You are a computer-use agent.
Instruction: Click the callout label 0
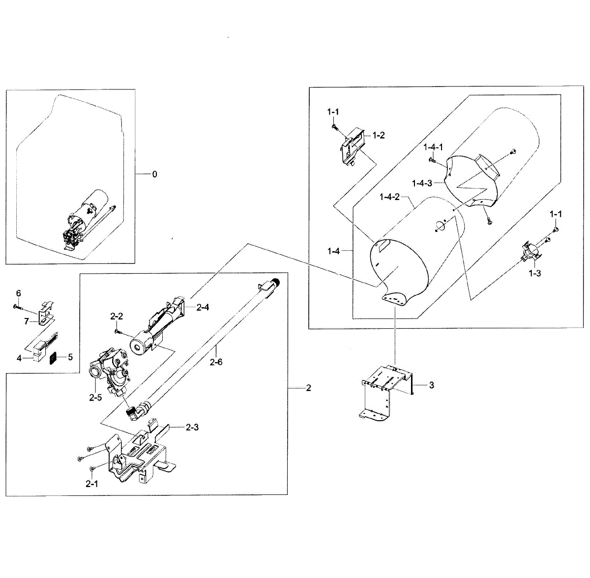click(155, 174)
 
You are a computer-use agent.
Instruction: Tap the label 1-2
click(379, 135)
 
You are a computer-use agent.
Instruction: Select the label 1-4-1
click(433, 147)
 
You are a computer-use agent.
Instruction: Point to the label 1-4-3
click(422, 183)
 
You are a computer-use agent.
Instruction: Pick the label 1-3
click(535, 273)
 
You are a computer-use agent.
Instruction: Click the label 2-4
click(203, 308)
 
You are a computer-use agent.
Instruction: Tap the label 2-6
click(216, 362)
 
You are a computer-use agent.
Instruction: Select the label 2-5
click(95, 398)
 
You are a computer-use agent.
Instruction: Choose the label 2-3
click(192, 427)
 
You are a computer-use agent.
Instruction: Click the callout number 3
click(431, 385)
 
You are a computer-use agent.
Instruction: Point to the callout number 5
click(70, 357)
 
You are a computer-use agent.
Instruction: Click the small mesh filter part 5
click(53, 358)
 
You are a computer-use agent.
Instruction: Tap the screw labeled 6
click(19, 307)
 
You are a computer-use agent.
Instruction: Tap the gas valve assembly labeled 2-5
click(111, 374)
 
